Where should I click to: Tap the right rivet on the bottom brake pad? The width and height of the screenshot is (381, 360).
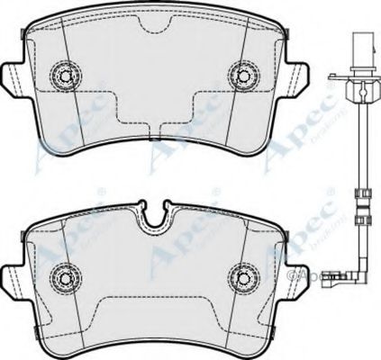coord(243,274)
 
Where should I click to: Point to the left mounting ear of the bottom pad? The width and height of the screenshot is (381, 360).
coord(13,270)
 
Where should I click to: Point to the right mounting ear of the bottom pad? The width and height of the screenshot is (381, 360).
coord(294,270)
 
